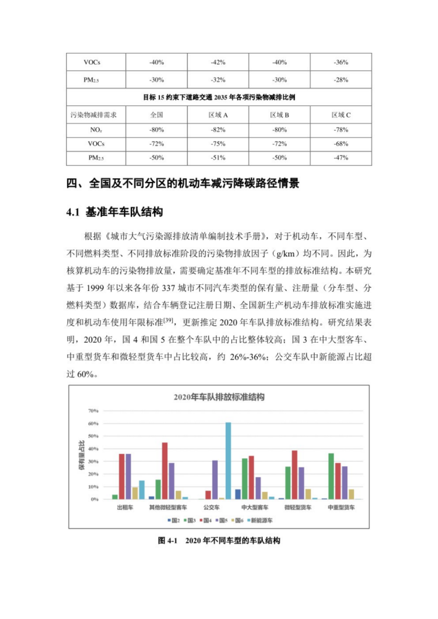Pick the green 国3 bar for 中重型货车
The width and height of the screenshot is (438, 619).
tap(331, 476)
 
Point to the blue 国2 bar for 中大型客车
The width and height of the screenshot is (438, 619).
tap(238, 494)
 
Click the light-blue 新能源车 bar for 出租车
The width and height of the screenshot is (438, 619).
tap(142, 490)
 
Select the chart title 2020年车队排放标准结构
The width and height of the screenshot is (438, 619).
tap(219, 397)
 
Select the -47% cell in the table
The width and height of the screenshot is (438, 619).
tap(341, 158)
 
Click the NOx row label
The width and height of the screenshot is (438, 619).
tap(95, 130)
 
